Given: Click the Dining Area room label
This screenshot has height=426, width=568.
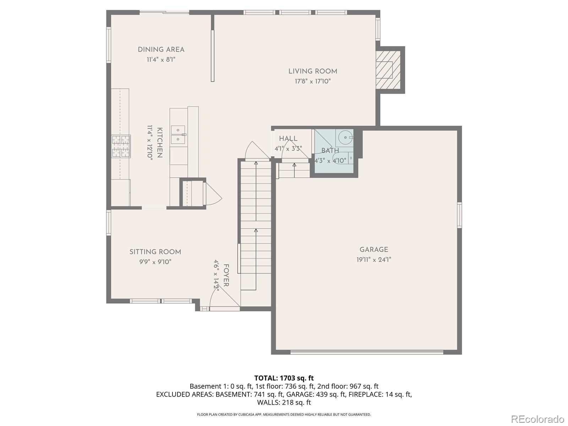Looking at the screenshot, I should (161, 50).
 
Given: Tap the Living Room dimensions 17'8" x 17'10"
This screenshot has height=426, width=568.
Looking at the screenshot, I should (312, 81).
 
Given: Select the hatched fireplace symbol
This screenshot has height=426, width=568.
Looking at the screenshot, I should (388, 70).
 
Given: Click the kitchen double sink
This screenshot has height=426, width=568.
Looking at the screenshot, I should (178, 135).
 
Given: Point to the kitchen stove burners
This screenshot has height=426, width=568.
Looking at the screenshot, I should (121, 146).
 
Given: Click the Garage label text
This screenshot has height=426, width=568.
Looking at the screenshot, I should (373, 250).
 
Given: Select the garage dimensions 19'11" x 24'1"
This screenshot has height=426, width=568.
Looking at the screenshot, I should (373, 260).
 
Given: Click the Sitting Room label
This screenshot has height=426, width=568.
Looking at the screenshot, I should (155, 252).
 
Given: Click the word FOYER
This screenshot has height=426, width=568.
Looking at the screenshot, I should (226, 275).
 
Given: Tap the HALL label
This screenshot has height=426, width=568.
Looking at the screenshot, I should (288, 139).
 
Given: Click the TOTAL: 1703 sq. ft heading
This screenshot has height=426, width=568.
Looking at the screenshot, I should (284, 378).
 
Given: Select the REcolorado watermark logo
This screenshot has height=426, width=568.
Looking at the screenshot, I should (537, 419).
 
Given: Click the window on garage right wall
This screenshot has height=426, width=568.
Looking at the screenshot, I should (459, 215).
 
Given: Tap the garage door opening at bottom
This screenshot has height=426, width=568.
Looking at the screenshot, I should (367, 352).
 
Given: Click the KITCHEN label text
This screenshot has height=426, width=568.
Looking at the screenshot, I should (160, 143).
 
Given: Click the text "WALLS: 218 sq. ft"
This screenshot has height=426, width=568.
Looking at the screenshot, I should (284, 403).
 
